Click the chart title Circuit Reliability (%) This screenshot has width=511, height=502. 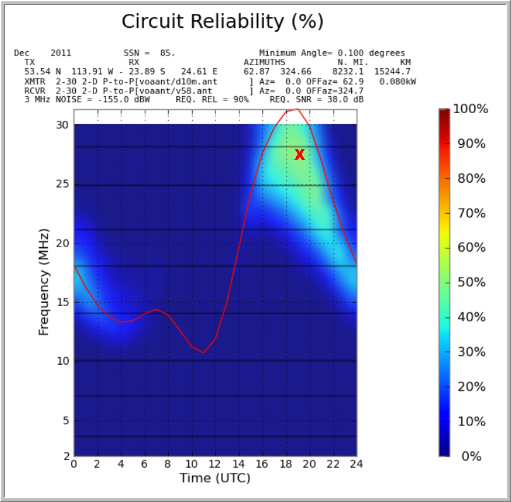[222, 21]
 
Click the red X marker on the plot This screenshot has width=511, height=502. [299, 155]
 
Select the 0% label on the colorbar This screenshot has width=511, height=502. [471, 456]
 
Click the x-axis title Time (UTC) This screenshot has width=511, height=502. [215, 478]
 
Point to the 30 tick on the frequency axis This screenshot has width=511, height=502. [61, 125]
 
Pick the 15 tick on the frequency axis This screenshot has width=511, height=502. [61, 302]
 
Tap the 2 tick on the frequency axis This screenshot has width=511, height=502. [65, 456]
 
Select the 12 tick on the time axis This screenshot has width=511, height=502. [215, 464]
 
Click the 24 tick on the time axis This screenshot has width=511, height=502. [356, 464]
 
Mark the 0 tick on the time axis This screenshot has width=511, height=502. [74, 464]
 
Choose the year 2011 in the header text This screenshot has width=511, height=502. [61, 53]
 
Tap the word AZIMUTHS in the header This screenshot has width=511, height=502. [264, 63]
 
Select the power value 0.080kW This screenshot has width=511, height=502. [397, 82]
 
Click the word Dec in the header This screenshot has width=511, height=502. [21, 53]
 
